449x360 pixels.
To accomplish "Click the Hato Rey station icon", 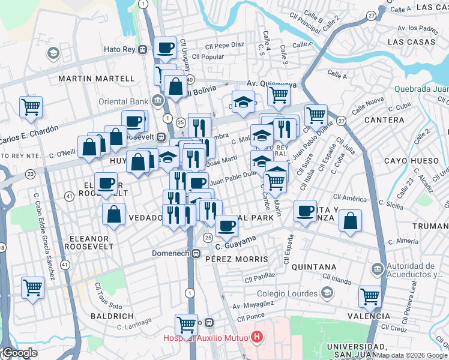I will tap(143, 50).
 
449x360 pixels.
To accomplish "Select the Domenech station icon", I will tap(196, 254).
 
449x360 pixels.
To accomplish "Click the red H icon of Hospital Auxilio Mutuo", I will tap(258, 338).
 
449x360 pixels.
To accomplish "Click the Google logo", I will tap(19, 353).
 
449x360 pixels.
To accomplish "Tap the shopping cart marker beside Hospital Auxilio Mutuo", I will tap(186, 324).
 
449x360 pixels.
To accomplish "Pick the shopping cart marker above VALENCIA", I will tap(370, 296).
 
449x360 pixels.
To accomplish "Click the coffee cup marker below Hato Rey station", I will tap(164, 47).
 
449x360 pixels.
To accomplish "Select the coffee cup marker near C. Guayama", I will tap(226, 225).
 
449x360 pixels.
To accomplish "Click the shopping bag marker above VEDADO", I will tap(113, 214).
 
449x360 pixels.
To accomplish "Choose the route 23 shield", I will tap(30, 174).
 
